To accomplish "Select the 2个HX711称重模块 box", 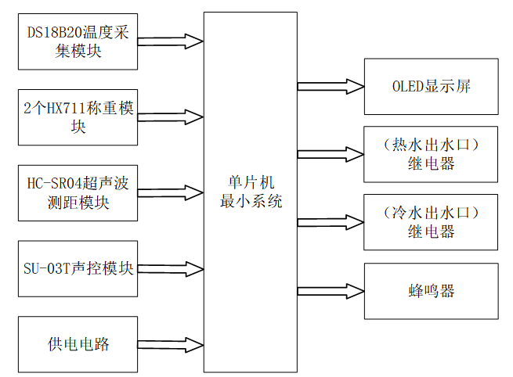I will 78,117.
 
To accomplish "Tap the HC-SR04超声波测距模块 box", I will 78,192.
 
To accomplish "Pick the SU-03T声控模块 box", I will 78,268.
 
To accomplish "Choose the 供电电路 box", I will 78,343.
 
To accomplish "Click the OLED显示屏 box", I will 431,86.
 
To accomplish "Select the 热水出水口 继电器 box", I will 431,154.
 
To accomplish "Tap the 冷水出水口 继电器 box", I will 431,222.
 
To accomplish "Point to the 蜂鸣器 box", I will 431,291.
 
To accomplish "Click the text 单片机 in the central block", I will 251,181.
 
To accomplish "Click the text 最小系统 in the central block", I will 251,201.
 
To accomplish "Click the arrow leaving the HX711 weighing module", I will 171,116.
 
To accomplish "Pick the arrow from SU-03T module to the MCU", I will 171,268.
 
